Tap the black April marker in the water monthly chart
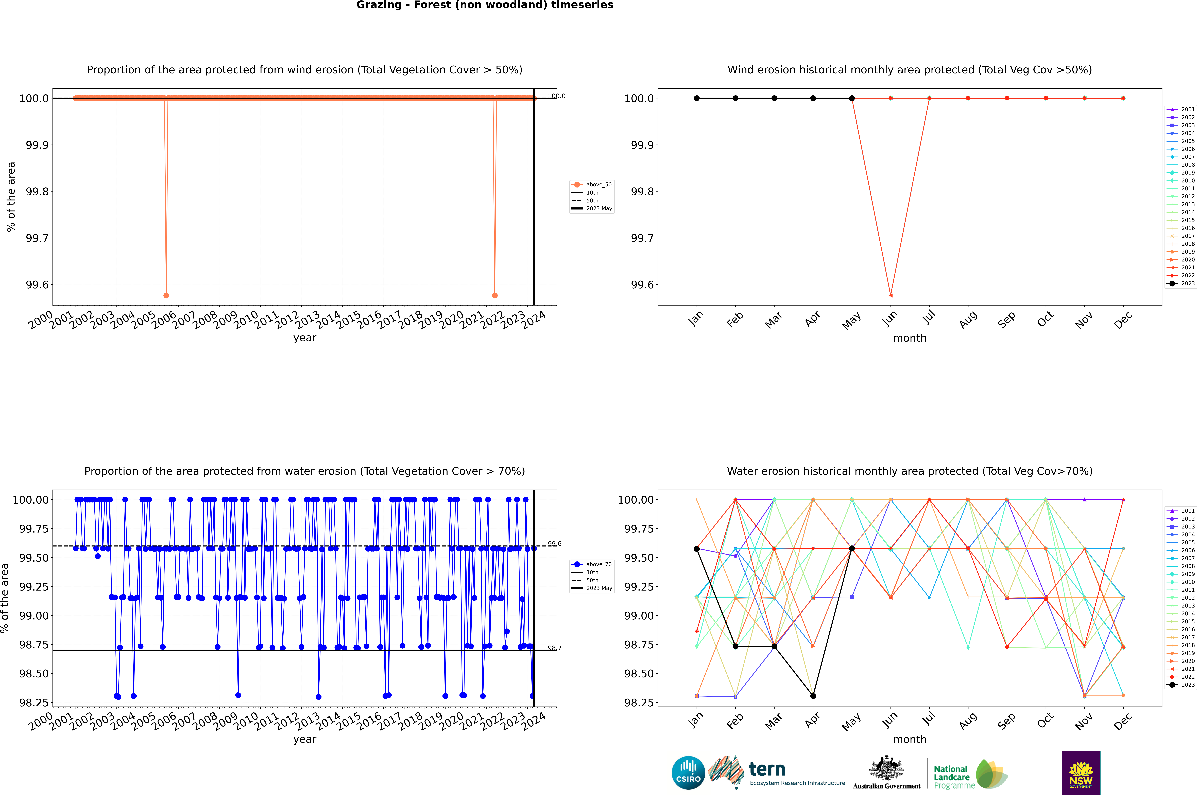coord(813,696)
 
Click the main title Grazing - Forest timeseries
coord(485,5)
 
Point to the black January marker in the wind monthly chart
coord(697,98)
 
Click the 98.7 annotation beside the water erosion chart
coord(555,648)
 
